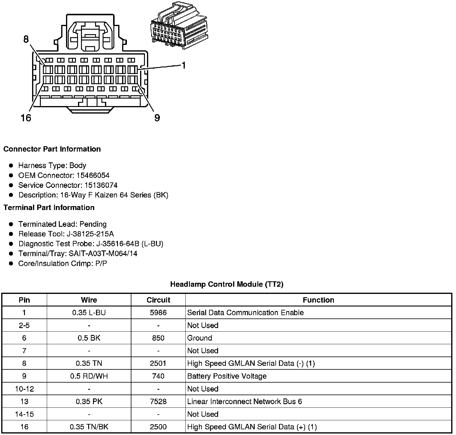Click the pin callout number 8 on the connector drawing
point(26,39)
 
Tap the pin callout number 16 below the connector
point(26,118)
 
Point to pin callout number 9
point(157,118)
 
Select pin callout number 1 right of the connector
point(183,65)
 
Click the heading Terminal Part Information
point(49,208)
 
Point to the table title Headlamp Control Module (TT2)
point(226,284)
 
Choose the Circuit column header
point(158,300)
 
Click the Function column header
point(318,300)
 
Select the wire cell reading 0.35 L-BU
point(89,313)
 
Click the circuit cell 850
point(158,338)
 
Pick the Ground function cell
point(199,338)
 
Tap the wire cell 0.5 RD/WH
point(89,376)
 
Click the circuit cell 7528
point(158,401)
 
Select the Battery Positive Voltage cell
point(227,376)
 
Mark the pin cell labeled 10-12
point(24,389)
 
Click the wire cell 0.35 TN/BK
point(89,427)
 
